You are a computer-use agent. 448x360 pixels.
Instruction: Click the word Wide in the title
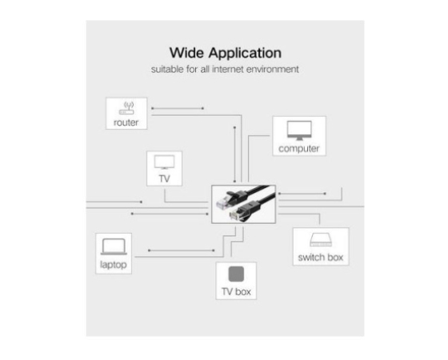[x=186, y=53]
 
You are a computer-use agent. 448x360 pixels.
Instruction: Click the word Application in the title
[x=245, y=54]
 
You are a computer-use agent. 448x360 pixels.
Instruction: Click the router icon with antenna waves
[x=126, y=108]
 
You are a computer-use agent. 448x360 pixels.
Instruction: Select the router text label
[x=126, y=122]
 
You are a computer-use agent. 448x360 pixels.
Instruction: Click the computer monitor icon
[x=299, y=130]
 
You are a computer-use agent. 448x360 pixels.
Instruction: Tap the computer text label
[x=299, y=149]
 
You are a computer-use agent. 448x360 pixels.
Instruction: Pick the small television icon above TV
[x=164, y=162]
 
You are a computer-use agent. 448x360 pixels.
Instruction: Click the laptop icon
[x=114, y=246]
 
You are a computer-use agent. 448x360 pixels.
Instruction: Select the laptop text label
[x=114, y=265]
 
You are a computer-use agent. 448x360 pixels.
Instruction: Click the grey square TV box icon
[x=236, y=274]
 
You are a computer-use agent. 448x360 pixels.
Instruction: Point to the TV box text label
[x=236, y=292]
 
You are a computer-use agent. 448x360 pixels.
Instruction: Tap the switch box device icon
[x=321, y=240]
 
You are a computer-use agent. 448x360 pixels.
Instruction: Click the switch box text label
[x=321, y=258]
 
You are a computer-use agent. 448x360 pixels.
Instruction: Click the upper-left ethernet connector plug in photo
[x=226, y=202]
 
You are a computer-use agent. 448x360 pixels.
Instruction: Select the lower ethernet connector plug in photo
[x=239, y=212]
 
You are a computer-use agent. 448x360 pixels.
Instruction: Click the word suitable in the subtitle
[x=167, y=69]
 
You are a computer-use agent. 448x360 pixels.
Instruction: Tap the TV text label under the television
[x=164, y=179]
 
